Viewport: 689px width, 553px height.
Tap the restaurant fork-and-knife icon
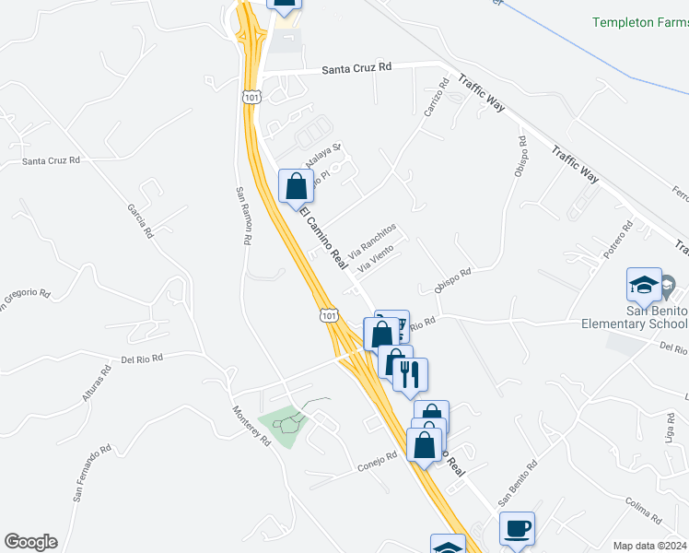[x=411, y=374]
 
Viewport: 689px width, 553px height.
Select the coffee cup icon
[x=518, y=529]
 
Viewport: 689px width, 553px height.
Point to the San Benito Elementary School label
[x=635, y=317]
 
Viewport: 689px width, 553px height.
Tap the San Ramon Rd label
[x=241, y=216]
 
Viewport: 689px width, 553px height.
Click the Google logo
[x=30, y=542]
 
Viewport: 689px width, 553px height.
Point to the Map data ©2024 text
[x=648, y=546]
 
